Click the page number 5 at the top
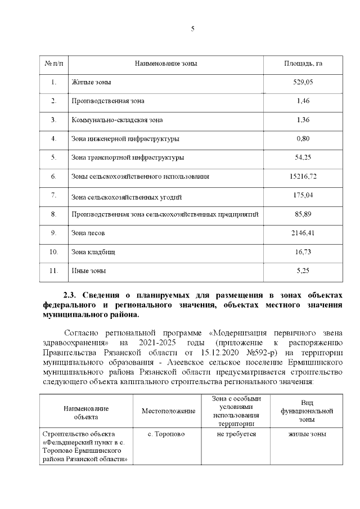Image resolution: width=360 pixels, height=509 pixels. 192,29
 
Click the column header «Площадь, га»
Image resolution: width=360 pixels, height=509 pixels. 303,64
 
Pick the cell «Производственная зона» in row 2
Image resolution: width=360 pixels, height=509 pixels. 108,101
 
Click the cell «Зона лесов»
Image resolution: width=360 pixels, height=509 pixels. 88,233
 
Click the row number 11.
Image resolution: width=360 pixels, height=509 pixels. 53,271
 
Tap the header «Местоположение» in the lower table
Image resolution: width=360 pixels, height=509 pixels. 168,411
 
